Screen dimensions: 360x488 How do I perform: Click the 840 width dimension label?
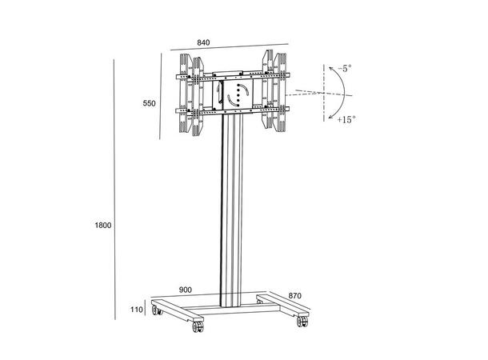click(x=207, y=43)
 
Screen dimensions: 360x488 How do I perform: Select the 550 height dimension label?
click(x=149, y=103)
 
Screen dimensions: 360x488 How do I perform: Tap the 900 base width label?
click(x=186, y=289)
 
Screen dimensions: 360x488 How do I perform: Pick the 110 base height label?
click(x=136, y=310)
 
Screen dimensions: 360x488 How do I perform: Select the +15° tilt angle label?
click(x=346, y=119)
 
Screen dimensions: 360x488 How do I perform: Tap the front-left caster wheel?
click(x=196, y=328)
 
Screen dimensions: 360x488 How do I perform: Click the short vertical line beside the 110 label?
click(x=146, y=309)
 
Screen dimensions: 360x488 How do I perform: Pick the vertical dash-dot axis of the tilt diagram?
click(x=326, y=94)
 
